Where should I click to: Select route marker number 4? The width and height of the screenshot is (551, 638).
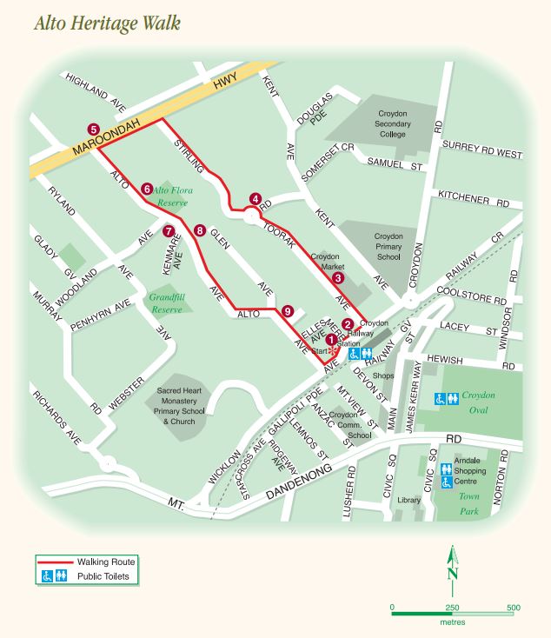pyautogui.click(x=255, y=198)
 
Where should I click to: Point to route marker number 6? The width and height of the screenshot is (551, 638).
pyautogui.click(x=148, y=189)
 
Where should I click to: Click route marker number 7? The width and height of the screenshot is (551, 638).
pyautogui.click(x=169, y=231)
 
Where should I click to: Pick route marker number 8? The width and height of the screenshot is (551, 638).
pyautogui.click(x=200, y=231)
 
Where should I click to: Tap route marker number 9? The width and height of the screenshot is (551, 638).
pyautogui.click(x=288, y=310)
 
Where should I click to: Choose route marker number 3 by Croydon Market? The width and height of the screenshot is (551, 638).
pyautogui.click(x=339, y=277)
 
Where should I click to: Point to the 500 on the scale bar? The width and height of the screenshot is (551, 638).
pyautogui.click(x=513, y=608)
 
